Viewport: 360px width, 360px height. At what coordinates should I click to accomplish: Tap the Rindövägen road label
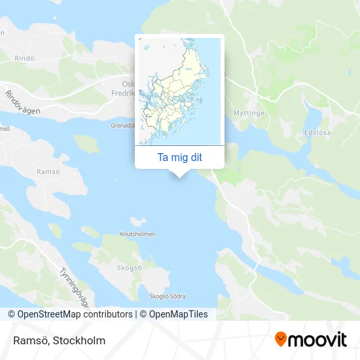click(x=22, y=103)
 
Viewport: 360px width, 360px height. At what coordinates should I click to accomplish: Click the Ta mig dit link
click(x=179, y=157)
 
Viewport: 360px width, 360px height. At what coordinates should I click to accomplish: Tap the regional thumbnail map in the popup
click(x=179, y=91)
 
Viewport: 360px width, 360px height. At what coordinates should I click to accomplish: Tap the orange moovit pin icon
click(x=281, y=340)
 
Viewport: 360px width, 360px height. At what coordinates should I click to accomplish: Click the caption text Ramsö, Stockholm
click(x=58, y=340)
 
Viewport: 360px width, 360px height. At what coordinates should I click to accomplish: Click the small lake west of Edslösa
click(x=313, y=117)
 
